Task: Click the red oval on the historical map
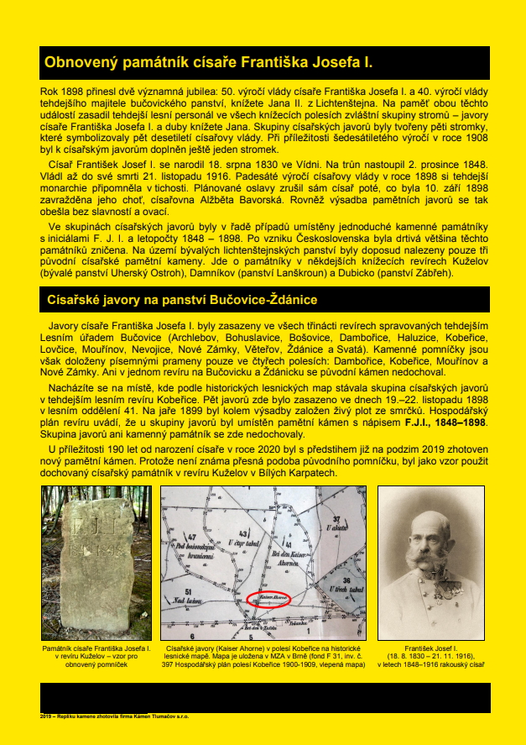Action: pos(269,600)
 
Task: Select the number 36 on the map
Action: pos(346,580)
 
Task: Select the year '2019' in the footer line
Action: pos(47,716)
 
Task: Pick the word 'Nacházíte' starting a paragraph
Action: pos(74,366)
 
